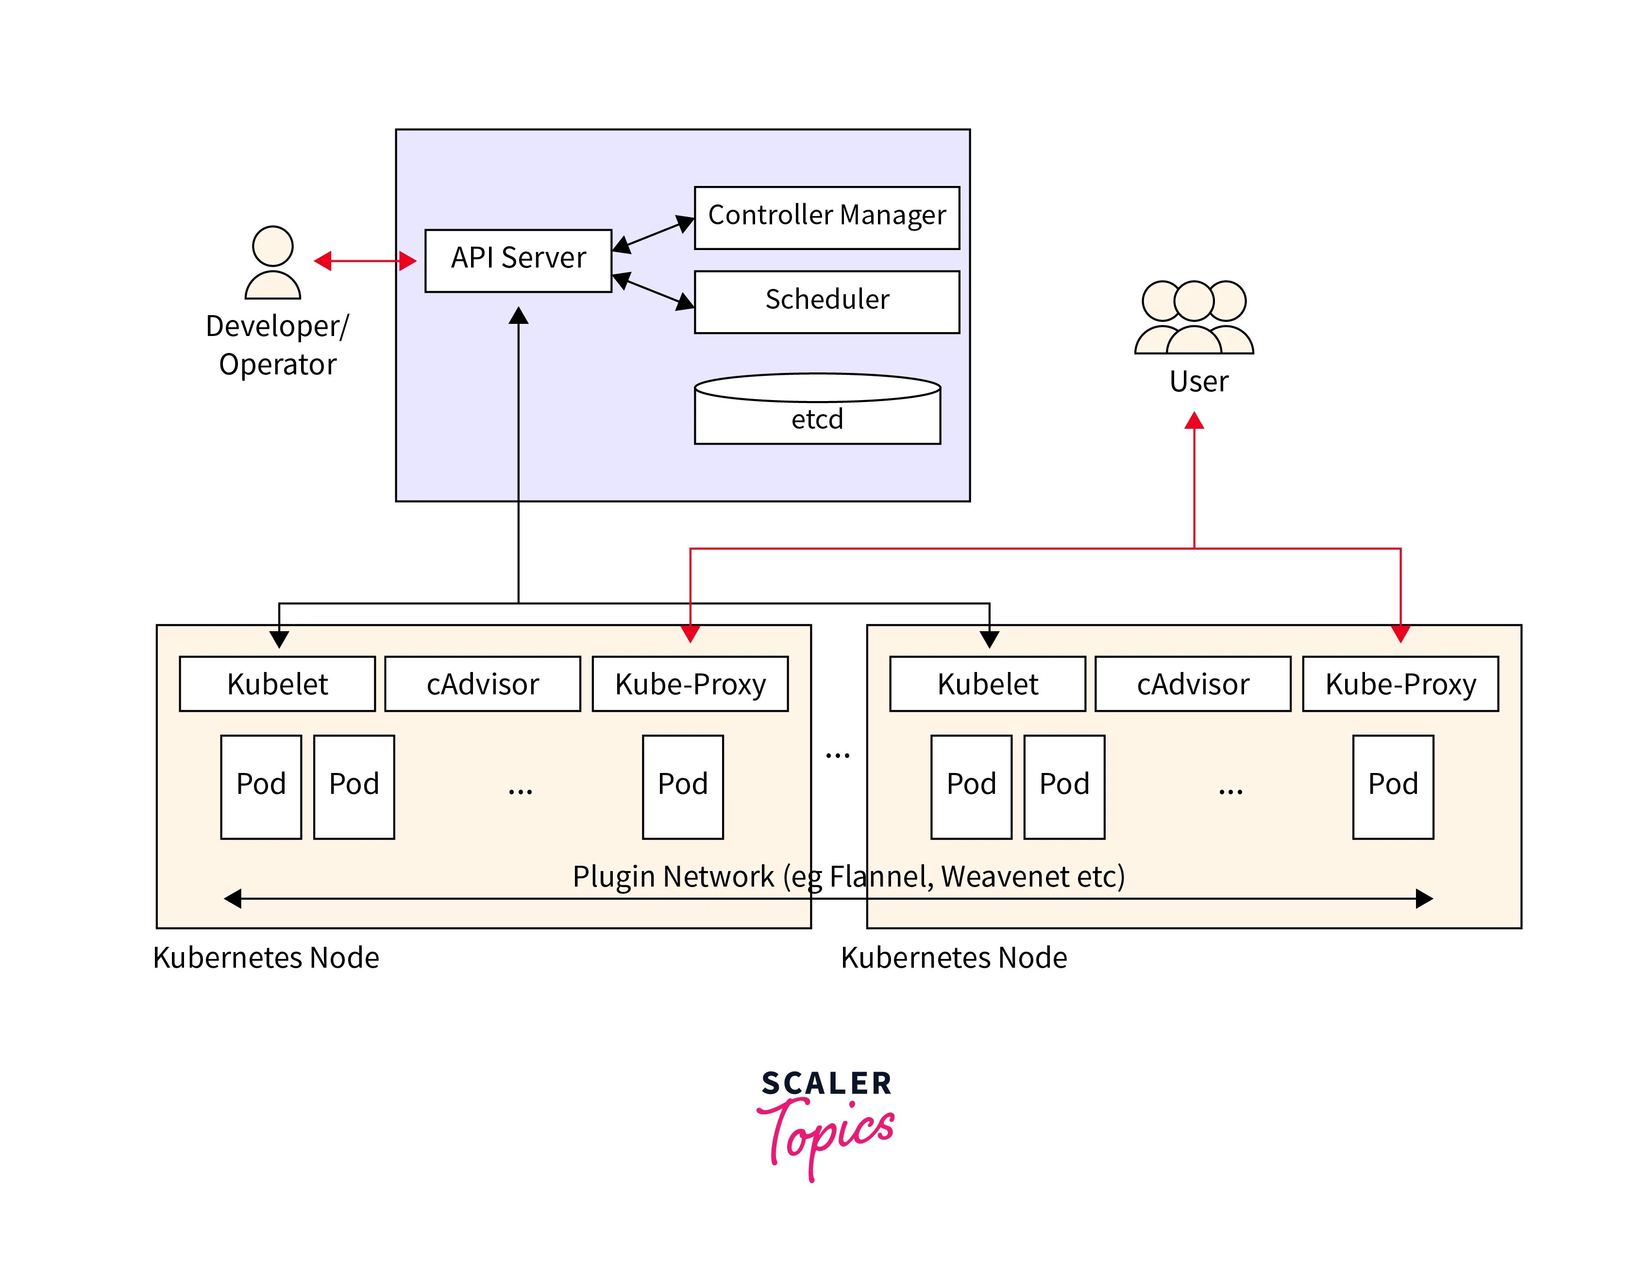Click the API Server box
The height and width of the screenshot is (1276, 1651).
pos(518,260)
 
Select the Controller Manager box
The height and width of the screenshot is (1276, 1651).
pos(826,217)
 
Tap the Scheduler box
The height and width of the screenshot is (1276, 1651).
pos(826,301)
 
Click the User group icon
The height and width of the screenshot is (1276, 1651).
pos(1194,318)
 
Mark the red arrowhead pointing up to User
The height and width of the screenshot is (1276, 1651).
pos(1194,421)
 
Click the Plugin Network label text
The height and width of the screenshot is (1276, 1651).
pos(848,876)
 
